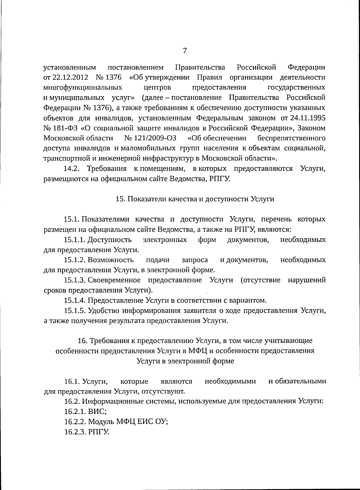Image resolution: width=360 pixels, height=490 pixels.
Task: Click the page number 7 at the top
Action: click(x=185, y=51)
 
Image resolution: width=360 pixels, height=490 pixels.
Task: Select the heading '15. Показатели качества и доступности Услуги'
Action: click(x=195, y=199)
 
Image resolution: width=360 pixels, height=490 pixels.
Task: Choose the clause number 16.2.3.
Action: click(x=75, y=432)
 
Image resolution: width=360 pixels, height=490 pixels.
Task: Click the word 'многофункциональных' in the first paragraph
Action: click(x=83, y=88)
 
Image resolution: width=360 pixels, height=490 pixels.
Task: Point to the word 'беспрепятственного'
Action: click(x=292, y=138)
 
